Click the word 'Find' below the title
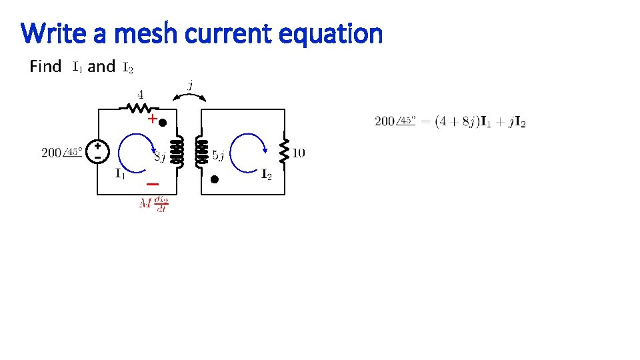click(x=46, y=66)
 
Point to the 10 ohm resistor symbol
click(x=285, y=153)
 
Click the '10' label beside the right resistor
click(x=299, y=153)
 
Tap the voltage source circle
click(x=98, y=152)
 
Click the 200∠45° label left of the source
click(x=62, y=153)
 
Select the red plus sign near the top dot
click(x=152, y=120)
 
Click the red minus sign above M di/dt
click(x=153, y=183)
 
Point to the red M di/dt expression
click(x=153, y=203)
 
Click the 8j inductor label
click(x=159, y=157)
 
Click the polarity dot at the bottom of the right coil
click(x=215, y=179)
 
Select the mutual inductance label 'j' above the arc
click(x=191, y=85)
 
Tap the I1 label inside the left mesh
click(x=120, y=175)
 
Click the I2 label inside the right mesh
click(x=266, y=175)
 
